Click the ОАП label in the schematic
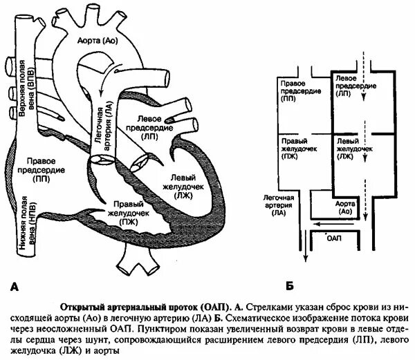334,238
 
